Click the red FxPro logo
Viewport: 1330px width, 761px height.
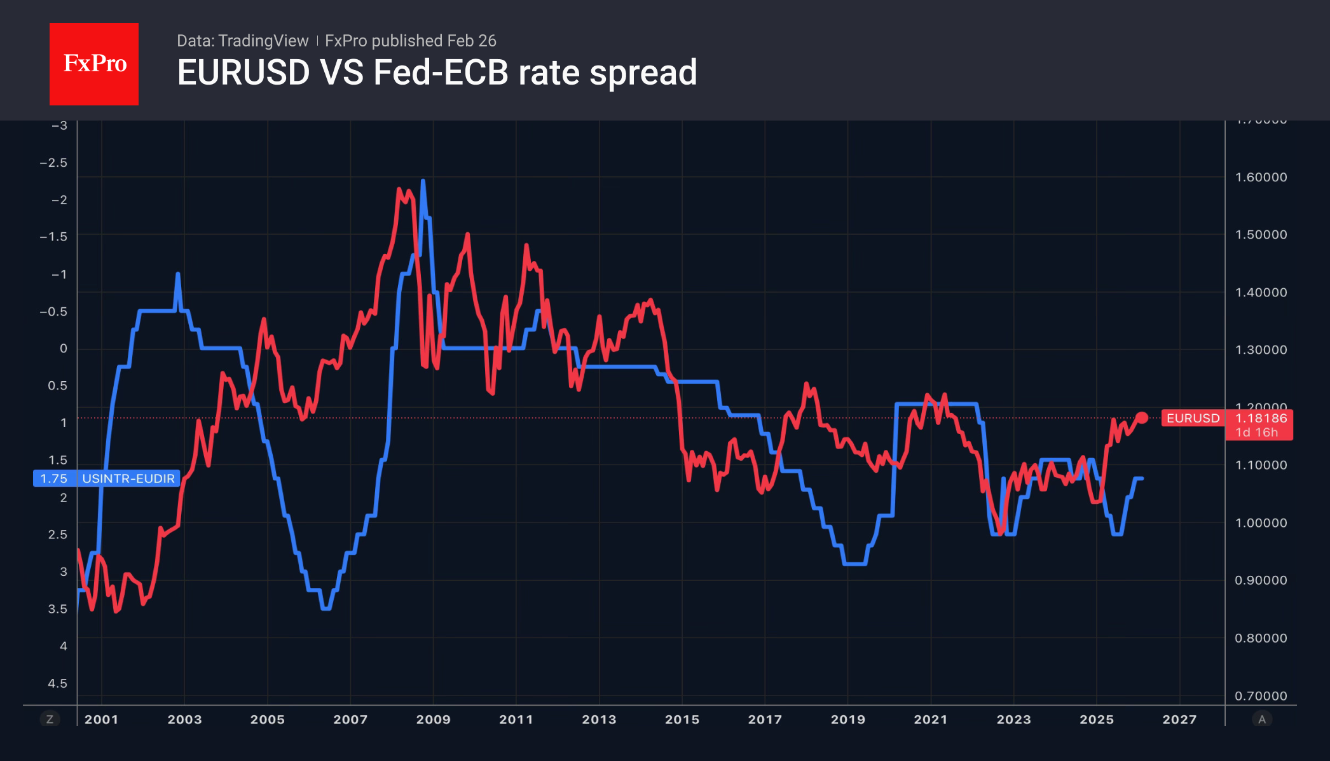point(94,64)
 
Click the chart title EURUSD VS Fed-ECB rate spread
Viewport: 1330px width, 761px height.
point(437,73)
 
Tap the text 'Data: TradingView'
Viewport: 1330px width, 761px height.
point(242,41)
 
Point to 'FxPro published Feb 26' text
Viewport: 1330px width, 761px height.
point(410,41)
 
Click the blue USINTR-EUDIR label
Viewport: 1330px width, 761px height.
point(128,478)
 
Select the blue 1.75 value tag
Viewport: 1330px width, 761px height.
point(54,478)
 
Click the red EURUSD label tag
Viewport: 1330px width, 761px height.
point(1193,418)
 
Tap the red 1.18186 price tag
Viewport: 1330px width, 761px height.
point(1260,418)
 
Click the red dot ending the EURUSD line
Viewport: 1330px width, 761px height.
point(1142,418)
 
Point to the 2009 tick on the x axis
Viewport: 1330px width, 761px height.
point(433,720)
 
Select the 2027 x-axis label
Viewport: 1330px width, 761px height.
point(1179,720)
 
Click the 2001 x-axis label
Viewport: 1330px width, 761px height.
point(102,720)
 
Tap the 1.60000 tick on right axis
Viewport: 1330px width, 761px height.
point(1261,178)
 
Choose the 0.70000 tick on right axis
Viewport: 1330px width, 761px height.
point(1261,696)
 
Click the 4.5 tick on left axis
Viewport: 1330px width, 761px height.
point(57,683)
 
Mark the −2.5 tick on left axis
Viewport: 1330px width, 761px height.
point(53,163)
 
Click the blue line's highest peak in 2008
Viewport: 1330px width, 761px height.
point(423,181)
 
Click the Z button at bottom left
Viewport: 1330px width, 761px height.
point(50,720)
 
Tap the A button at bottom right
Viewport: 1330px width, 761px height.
point(1262,720)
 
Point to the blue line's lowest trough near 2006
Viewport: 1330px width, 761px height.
point(326,608)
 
